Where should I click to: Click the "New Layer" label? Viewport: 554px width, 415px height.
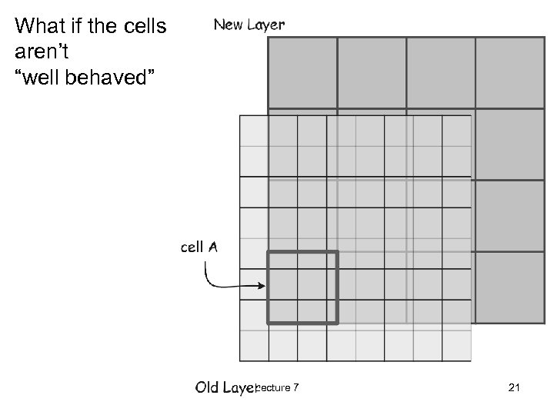coord(249,25)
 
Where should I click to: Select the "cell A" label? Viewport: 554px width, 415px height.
coord(199,247)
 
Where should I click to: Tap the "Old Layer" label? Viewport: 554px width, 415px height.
coord(224,387)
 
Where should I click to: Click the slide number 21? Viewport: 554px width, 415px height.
coord(515,388)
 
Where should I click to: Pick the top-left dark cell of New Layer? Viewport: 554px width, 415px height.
coord(302,72)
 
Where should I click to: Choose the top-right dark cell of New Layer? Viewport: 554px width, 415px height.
coord(509,72)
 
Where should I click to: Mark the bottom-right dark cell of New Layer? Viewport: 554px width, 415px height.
coord(509,287)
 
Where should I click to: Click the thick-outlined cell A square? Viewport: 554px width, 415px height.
coord(302,287)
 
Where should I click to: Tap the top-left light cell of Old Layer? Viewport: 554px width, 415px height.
coord(254,131)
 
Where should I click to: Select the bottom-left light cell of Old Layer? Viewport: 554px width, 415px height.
coord(254,345)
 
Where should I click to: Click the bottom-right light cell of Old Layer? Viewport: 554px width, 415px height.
coord(456,345)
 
